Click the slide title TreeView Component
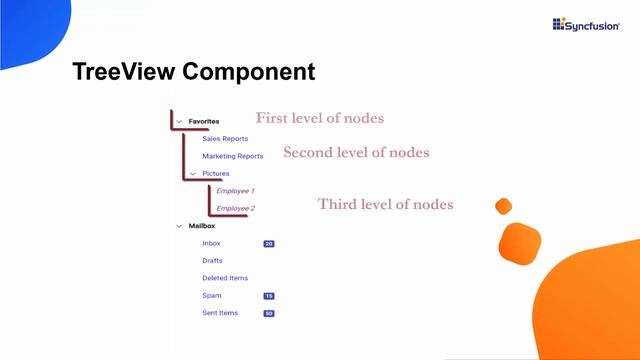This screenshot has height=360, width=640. coord(193,72)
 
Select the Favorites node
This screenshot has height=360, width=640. coord(204,121)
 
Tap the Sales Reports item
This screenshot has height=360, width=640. coord(225,139)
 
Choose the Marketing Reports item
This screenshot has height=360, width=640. coord(232,156)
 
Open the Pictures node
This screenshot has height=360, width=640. coord(216,174)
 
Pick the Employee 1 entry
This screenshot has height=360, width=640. coord(235,191)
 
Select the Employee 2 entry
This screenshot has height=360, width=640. coord(235,208)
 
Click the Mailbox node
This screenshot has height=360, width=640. coord(202,226)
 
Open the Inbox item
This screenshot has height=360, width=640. coord(211,243)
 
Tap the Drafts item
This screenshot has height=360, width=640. coord(212,261)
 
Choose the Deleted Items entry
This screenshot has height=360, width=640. coord(225,278)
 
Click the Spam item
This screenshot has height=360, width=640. coord(211,296)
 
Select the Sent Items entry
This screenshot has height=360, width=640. coord(220,313)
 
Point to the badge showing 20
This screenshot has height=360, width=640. coord(269,243)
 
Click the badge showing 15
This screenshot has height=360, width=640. coord(269,296)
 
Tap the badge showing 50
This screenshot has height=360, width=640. coord(269,313)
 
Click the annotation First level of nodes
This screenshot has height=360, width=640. coord(319,118)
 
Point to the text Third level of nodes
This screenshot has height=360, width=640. coord(385,204)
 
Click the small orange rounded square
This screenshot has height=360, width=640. coord(504,206)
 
